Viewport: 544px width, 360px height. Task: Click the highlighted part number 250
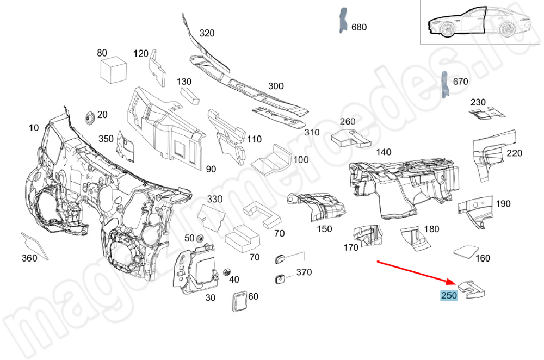(449, 295)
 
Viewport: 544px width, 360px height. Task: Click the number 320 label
(207, 33)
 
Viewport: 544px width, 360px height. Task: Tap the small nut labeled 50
(200, 238)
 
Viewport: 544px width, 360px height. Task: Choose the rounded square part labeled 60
(239, 300)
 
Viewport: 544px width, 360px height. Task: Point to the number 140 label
(384, 152)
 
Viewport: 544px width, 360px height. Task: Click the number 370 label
(304, 272)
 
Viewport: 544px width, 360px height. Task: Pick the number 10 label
(34, 128)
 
